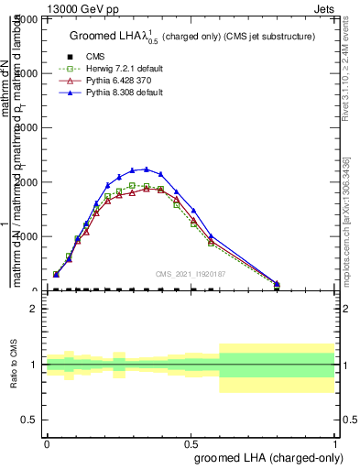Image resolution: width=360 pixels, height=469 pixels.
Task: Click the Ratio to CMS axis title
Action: pos(15,364)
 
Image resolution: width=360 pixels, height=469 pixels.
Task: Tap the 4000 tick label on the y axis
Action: pos(26,73)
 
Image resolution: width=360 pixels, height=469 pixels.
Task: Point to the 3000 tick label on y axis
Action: pos(26,127)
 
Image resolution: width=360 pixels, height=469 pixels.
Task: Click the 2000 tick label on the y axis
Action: pos(26,182)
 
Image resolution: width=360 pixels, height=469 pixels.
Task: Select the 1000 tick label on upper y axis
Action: pos(26,236)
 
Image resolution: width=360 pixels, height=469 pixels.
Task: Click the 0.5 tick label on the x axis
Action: pos(191,443)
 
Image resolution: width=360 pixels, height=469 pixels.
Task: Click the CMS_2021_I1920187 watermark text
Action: pos(191,274)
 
